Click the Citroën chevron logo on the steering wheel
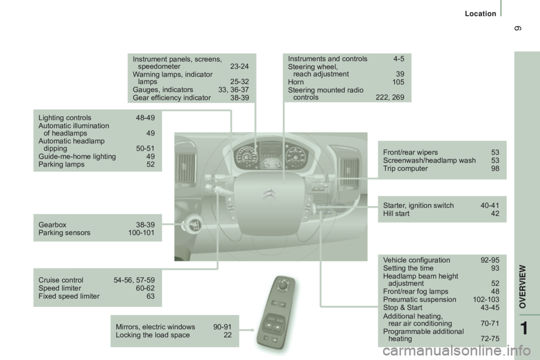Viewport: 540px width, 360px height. [269, 194]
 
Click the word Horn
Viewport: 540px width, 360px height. [296, 82]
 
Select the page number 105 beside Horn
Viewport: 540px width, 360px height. [398, 82]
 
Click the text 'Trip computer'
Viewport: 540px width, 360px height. [406, 168]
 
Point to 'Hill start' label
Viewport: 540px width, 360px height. [397, 214]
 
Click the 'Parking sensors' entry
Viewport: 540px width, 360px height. [64, 233]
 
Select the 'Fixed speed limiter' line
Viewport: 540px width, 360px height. [69, 296]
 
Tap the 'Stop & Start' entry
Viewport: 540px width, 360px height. [403, 308]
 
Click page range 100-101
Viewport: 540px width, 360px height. [141, 233]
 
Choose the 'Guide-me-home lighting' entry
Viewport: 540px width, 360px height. [77, 157]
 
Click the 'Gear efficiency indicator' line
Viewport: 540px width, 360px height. [172, 98]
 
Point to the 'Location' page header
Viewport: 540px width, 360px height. [480, 13]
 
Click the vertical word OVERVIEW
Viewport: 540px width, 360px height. [523, 286]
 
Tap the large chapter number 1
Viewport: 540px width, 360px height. [524, 328]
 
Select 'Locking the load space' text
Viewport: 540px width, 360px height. [152, 335]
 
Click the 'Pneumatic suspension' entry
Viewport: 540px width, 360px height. [420, 300]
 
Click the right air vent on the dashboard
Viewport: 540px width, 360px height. [349, 172]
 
